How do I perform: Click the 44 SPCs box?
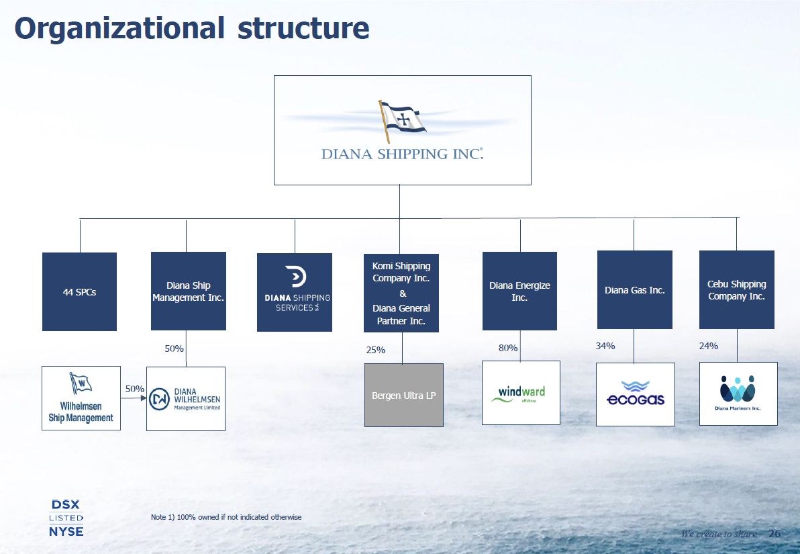(x=79, y=291)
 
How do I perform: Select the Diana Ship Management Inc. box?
(x=188, y=291)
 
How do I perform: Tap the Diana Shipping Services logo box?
(x=295, y=292)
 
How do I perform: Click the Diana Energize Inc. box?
(x=519, y=291)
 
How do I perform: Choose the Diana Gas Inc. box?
(x=634, y=290)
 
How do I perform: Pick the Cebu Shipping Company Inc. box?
(x=736, y=290)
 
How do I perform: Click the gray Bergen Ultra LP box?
(x=403, y=396)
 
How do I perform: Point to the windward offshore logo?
(x=521, y=393)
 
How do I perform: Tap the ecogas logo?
(x=635, y=394)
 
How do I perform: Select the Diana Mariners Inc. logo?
(x=738, y=394)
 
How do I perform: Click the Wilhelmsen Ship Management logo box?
(x=81, y=398)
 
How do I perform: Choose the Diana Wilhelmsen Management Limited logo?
(x=186, y=399)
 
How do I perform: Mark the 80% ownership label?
(x=508, y=348)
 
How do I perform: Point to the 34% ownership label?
(x=605, y=346)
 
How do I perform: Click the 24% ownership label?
(x=709, y=346)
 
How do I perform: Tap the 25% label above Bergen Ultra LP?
(x=376, y=350)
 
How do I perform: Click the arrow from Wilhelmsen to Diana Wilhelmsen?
(x=134, y=398)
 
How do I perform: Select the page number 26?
(x=774, y=534)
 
